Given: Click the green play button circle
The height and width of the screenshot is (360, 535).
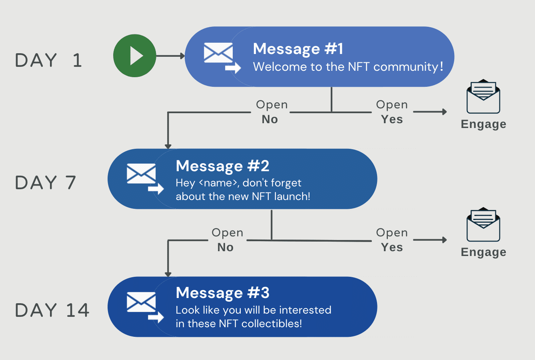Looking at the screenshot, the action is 135,56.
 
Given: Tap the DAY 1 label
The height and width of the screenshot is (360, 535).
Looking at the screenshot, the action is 49,60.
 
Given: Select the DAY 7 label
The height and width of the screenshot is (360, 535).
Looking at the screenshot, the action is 46,182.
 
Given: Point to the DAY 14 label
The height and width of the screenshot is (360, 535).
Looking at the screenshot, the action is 52,310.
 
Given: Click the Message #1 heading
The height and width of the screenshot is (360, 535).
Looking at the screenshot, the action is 298,49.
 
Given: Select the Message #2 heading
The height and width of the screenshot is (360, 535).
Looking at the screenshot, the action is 222,166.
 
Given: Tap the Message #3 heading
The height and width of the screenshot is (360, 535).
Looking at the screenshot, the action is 222,293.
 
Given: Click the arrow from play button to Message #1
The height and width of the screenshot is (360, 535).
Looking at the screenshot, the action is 170,56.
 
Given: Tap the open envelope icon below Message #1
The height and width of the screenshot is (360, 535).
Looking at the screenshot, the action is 483,96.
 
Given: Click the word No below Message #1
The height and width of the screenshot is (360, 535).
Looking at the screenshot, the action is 270,119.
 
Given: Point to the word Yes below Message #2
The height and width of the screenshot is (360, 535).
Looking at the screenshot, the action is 392,247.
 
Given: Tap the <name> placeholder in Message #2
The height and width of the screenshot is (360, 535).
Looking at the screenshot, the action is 218,183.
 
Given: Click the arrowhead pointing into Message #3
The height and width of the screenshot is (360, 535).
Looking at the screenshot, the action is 168,274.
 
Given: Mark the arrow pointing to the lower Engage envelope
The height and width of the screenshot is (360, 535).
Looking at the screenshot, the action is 430,240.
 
